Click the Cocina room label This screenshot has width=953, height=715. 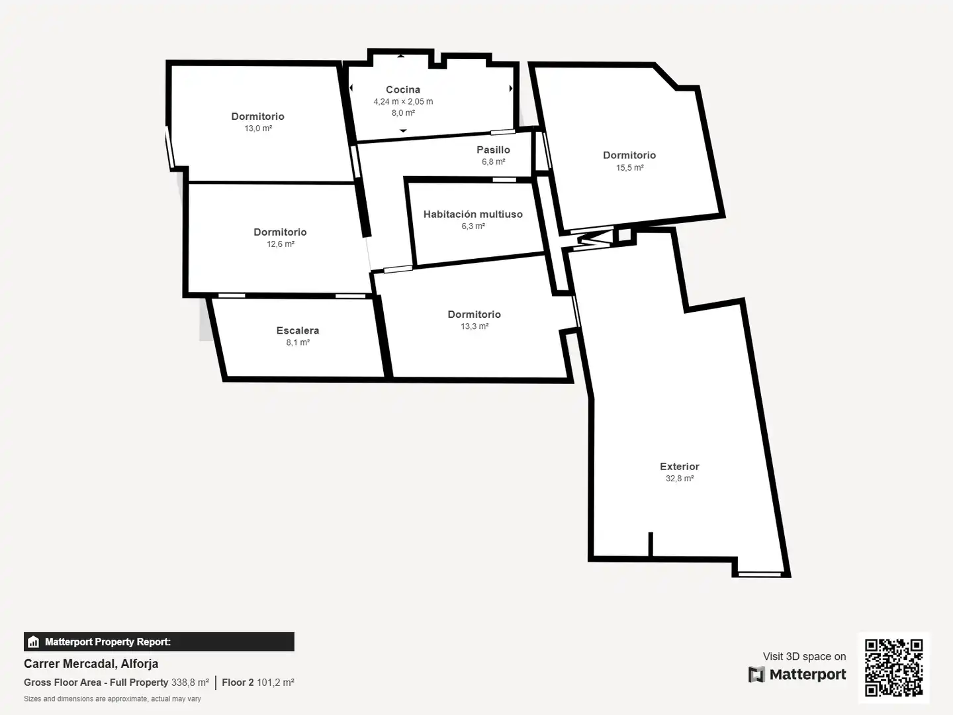[403, 89]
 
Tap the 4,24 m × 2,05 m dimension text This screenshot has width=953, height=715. [403, 101]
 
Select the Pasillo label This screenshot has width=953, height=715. [493, 150]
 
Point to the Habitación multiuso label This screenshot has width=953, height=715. [473, 214]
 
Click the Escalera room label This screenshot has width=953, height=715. [297, 330]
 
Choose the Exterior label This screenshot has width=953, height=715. [680, 466]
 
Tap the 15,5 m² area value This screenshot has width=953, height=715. [629, 167]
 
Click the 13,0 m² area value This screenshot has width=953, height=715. [258, 128]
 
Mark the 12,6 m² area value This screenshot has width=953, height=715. [281, 244]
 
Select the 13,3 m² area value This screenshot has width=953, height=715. [475, 326]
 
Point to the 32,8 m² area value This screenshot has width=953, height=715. [680, 479]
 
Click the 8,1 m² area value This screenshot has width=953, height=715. [297, 342]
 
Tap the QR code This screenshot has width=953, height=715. [893, 668]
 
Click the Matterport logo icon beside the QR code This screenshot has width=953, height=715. [756, 675]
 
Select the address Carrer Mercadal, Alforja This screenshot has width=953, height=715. [91, 664]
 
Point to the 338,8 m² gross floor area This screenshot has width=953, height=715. [190, 683]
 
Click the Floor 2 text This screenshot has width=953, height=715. [238, 683]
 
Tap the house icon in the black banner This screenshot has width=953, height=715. [34, 642]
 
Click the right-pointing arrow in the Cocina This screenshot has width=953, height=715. [510, 89]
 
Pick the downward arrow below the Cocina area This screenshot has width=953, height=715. [403, 130]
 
